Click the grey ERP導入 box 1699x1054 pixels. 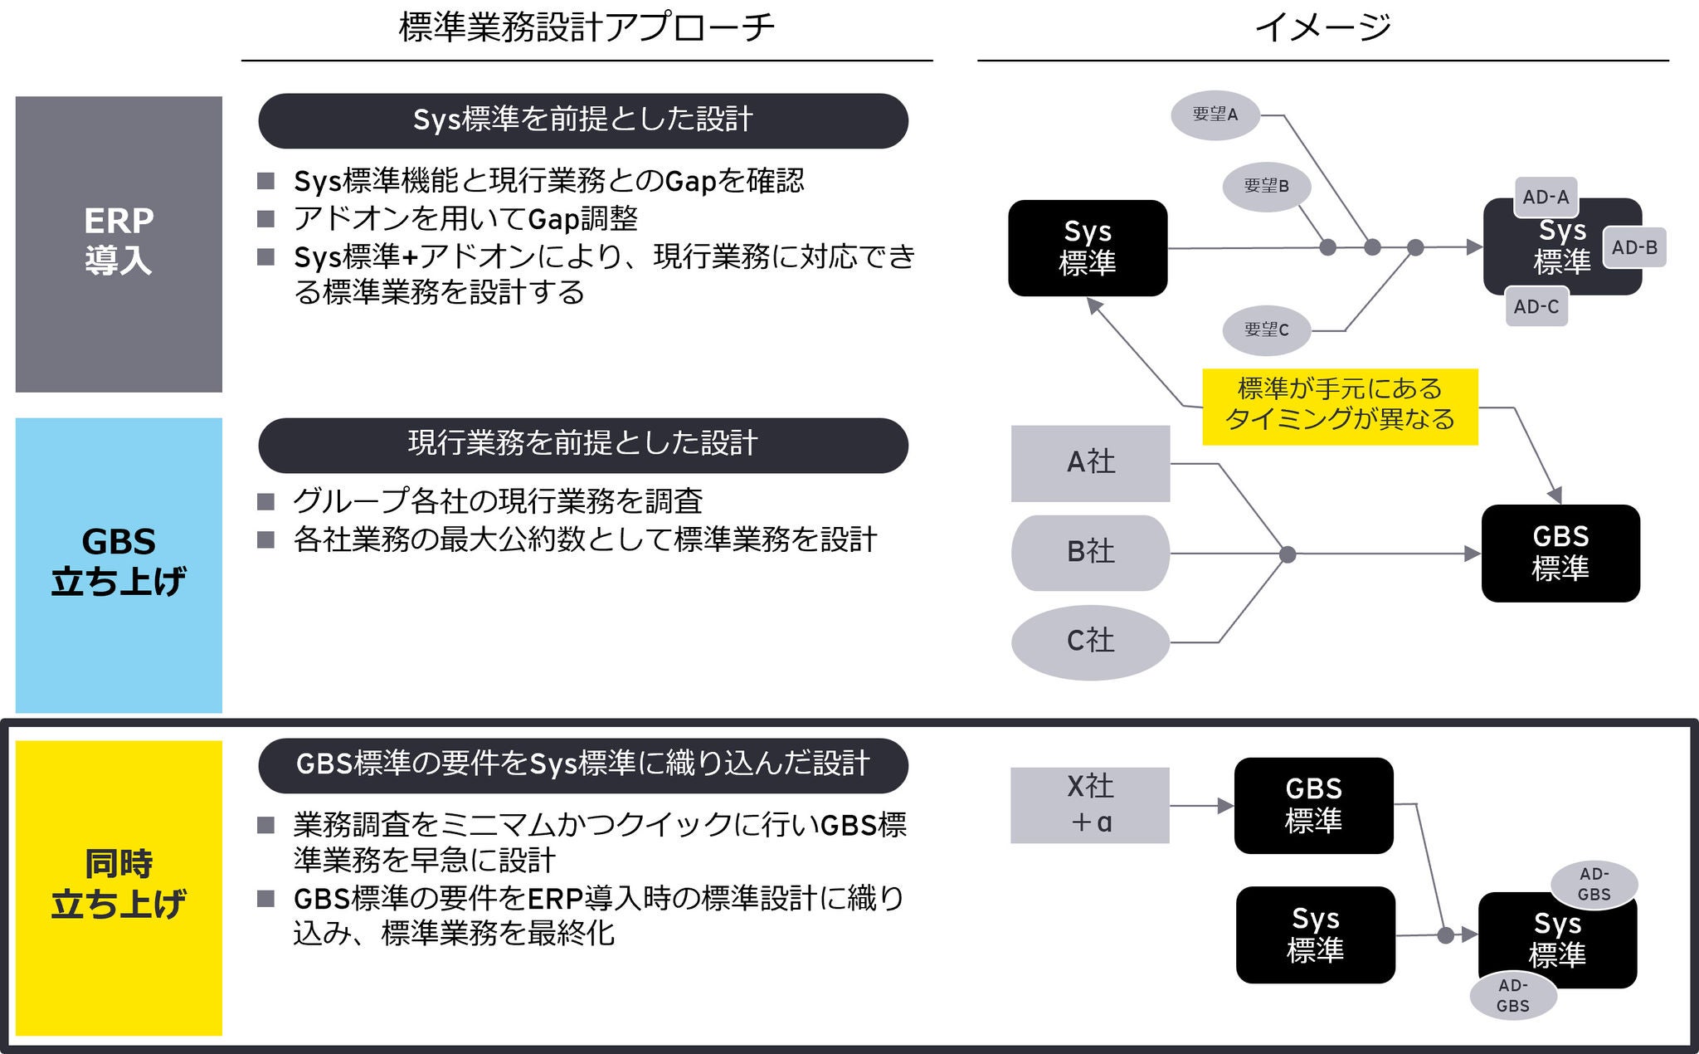pos(119,244)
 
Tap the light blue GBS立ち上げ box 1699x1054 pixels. pos(119,564)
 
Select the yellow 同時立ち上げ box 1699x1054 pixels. pos(119,887)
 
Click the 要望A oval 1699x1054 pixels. pos(1215,115)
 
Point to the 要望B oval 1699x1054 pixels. pos(1266,187)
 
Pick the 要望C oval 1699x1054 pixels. pos(1266,330)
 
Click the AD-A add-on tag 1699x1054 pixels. pos(1546,198)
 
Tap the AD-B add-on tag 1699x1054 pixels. pos(1634,247)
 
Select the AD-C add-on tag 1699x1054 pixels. pos(1536,307)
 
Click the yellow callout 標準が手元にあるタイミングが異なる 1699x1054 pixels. pos(1340,406)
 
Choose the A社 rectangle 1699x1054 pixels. pos(1090,463)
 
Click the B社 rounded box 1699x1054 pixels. pos(1090,553)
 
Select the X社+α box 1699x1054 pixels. pos(1090,805)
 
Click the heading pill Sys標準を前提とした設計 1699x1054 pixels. pos(583,120)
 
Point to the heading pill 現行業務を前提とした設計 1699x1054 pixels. pos(583,445)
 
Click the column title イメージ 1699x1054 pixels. pos(1322,27)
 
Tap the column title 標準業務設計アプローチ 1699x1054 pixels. pos(587,27)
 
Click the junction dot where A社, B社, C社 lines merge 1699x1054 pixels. pos(1288,554)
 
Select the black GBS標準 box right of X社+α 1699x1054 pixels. pos(1313,805)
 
